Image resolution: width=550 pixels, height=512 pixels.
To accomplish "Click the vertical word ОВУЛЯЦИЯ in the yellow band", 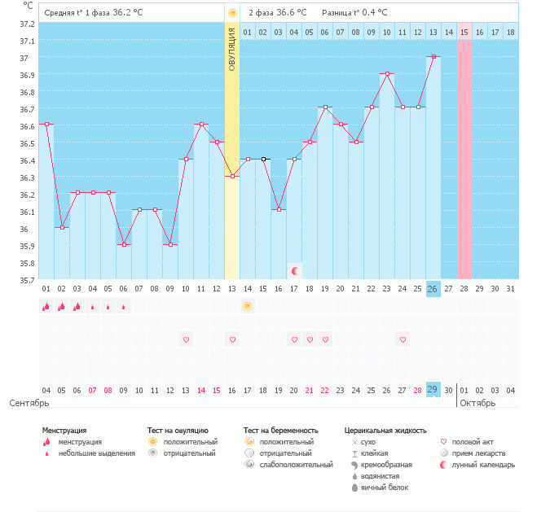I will [x=232, y=50].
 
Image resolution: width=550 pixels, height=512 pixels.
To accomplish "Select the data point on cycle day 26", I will [x=433, y=56].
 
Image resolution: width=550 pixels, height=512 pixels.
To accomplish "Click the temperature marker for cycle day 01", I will [x=46, y=125].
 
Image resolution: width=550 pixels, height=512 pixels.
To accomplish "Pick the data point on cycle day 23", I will [x=387, y=73].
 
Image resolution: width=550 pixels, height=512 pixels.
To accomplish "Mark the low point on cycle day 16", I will [x=279, y=210].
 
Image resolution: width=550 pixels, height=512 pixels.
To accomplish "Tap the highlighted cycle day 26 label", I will [x=433, y=289].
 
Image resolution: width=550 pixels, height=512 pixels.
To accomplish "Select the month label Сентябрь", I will [x=29, y=403].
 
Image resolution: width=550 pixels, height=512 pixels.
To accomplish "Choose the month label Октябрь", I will [x=477, y=403].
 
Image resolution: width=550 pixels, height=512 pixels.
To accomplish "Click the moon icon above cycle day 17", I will [x=295, y=269].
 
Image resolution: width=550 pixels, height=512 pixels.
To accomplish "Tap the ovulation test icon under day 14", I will [x=247, y=306].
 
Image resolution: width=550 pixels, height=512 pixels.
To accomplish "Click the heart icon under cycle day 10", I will [x=186, y=339].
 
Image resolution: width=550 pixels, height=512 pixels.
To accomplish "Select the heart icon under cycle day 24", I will [x=403, y=339].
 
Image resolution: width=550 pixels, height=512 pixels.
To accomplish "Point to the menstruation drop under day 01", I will [x=46, y=306].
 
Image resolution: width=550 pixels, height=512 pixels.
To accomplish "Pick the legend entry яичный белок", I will [x=386, y=488].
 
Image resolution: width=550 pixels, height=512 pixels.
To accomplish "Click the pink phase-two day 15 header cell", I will [x=464, y=32].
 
